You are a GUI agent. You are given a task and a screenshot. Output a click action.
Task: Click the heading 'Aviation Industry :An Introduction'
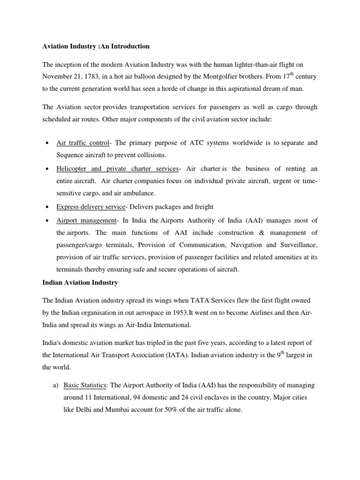click(96, 46)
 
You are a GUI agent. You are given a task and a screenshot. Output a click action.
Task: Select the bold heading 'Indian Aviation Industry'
click(80, 283)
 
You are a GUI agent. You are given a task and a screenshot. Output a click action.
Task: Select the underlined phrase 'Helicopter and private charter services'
click(117, 168)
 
